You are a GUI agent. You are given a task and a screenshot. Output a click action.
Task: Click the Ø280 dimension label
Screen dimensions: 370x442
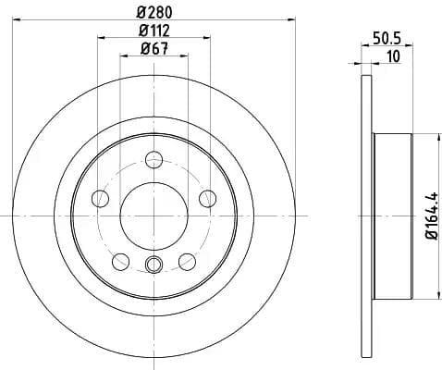click(153, 11)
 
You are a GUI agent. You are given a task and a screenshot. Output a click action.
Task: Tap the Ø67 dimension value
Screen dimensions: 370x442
click(153, 50)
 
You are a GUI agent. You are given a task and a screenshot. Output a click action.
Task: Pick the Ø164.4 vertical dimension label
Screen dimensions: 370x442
click(430, 216)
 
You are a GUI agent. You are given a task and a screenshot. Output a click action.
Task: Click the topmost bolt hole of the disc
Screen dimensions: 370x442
click(153, 158)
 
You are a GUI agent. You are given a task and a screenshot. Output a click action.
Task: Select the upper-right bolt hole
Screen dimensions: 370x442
click(207, 197)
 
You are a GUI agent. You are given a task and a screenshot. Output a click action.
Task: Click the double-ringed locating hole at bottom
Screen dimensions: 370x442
click(153, 266)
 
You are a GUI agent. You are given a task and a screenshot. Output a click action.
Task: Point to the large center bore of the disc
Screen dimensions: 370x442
click(153, 214)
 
